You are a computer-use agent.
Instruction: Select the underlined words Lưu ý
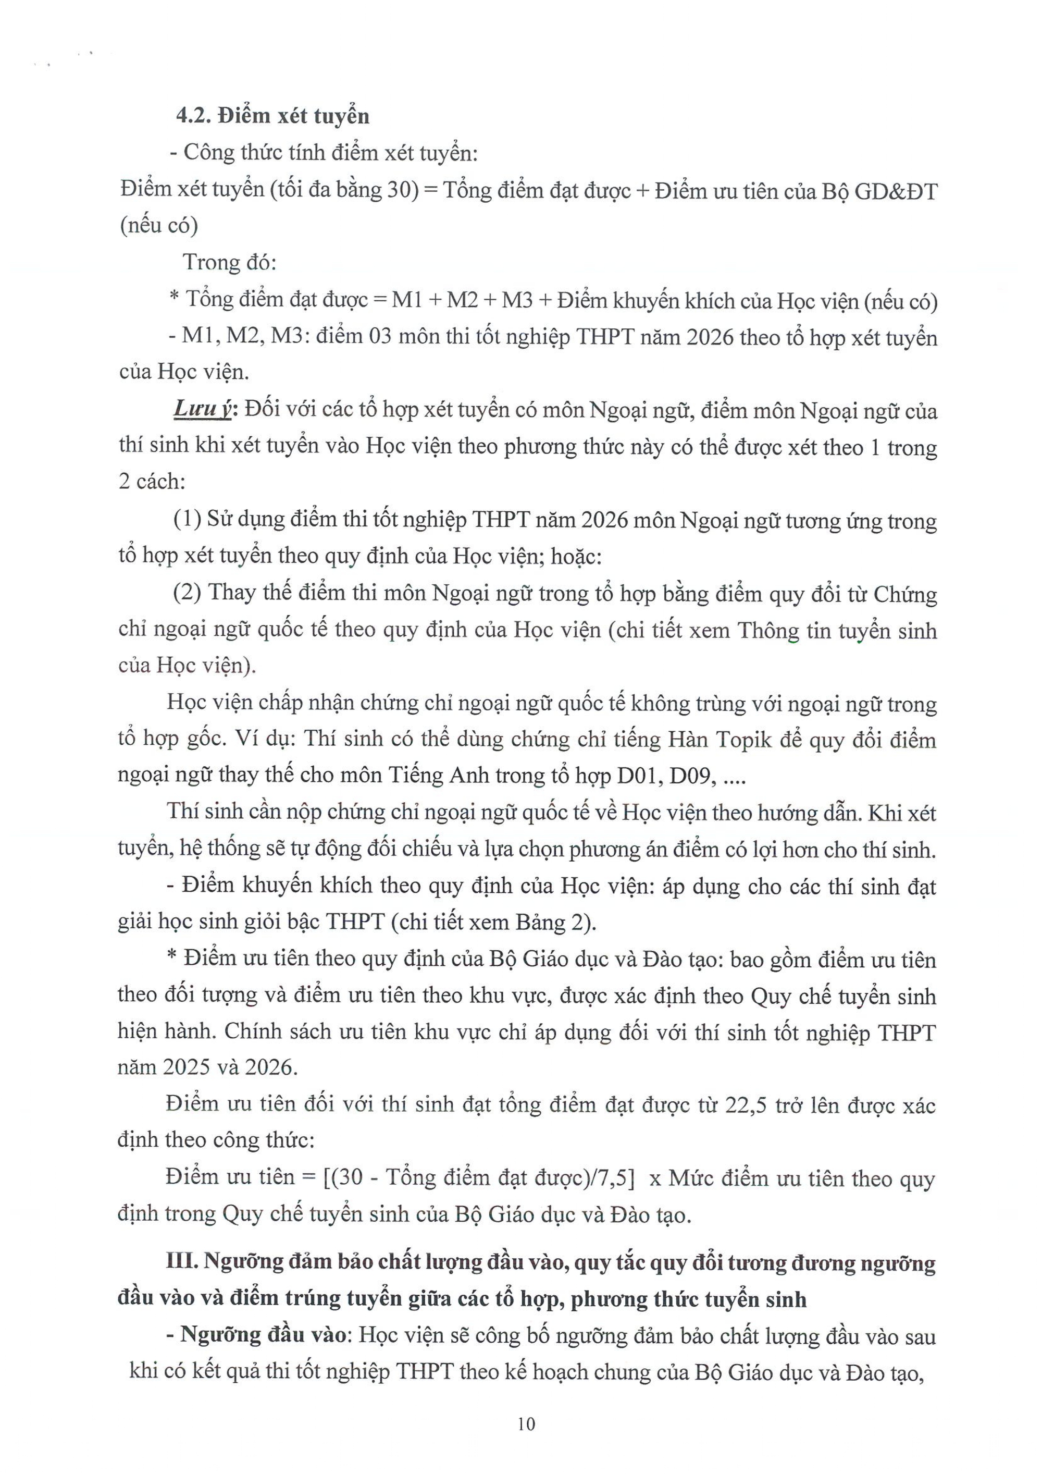202,410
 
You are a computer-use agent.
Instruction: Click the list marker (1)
188,519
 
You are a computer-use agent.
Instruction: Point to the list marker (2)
188,593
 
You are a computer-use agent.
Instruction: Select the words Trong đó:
229,263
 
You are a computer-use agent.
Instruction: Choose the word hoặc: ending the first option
576,556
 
